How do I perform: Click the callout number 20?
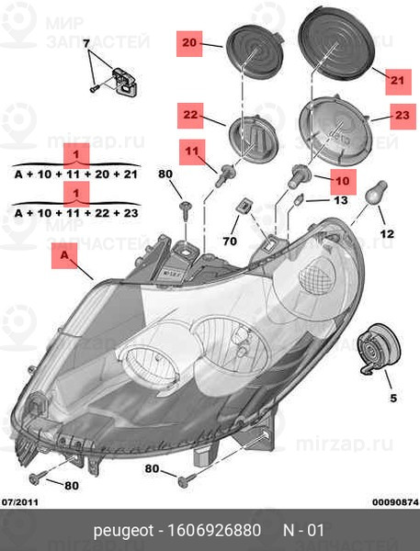click(189, 43)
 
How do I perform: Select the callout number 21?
click(398, 81)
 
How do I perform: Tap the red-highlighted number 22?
click(190, 115)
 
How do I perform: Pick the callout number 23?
click(403, 116)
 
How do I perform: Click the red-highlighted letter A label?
click(64, 254)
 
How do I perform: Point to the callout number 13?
click(340, 200)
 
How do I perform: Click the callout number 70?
click(230, 241)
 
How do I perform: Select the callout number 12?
click(387, 233)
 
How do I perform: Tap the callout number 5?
click(393, 399)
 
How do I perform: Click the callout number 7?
click(86, 43)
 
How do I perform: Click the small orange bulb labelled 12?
click(377, 192)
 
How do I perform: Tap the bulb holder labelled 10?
click(299, 176)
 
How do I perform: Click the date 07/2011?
click(20, 502)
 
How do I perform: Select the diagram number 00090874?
click(396, 502)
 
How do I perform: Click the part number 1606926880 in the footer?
click(215, 530)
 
